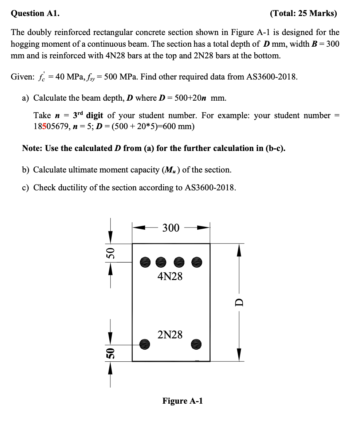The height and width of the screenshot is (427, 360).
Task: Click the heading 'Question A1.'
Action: point(35,13)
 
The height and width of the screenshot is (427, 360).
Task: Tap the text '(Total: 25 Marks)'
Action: point(303,13)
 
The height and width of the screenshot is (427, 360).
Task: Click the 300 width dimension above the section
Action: point(171,228)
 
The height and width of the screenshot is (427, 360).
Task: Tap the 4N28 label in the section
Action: point(170,276)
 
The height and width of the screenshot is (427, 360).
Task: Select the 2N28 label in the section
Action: point(170,334)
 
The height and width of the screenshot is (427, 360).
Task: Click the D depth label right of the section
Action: point(239,302)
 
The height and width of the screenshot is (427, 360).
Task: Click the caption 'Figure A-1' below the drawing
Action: point(183,401)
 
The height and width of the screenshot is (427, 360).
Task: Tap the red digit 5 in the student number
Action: point(44,127)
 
